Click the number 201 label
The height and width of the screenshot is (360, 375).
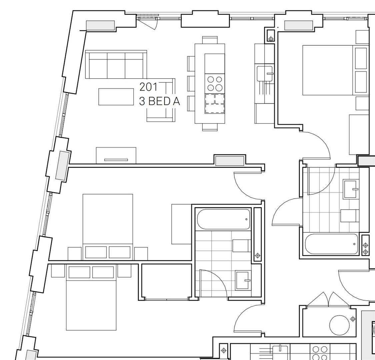(x=148, y=87)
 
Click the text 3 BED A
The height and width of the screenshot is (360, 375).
(x=159, y=101)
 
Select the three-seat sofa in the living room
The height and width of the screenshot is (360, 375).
(x=116, y=65)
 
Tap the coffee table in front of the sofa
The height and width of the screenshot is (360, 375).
(x=116, y=97)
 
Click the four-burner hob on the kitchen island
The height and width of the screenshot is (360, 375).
(x=215, y=84)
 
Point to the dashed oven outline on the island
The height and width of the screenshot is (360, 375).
(x=215, y=103)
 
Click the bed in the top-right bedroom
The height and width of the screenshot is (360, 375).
(x=328, y=70)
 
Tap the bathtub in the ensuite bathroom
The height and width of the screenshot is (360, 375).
(x=223, y=219)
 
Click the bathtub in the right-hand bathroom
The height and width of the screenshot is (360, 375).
(x=332, y=244)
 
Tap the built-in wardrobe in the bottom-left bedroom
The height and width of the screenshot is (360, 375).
(x=166, y=282)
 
